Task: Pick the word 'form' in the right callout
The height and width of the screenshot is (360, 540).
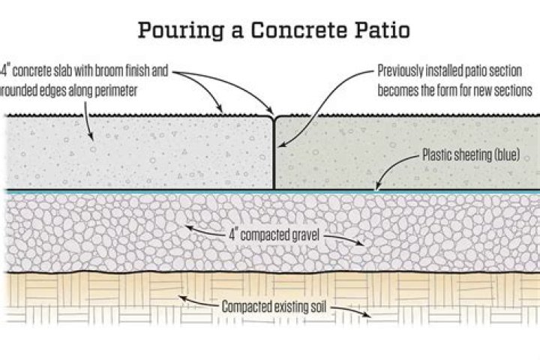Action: (466, 90)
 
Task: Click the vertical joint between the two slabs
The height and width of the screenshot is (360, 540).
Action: (274, 154)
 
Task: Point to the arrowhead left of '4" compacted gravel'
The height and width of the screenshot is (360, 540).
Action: (187, 226)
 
